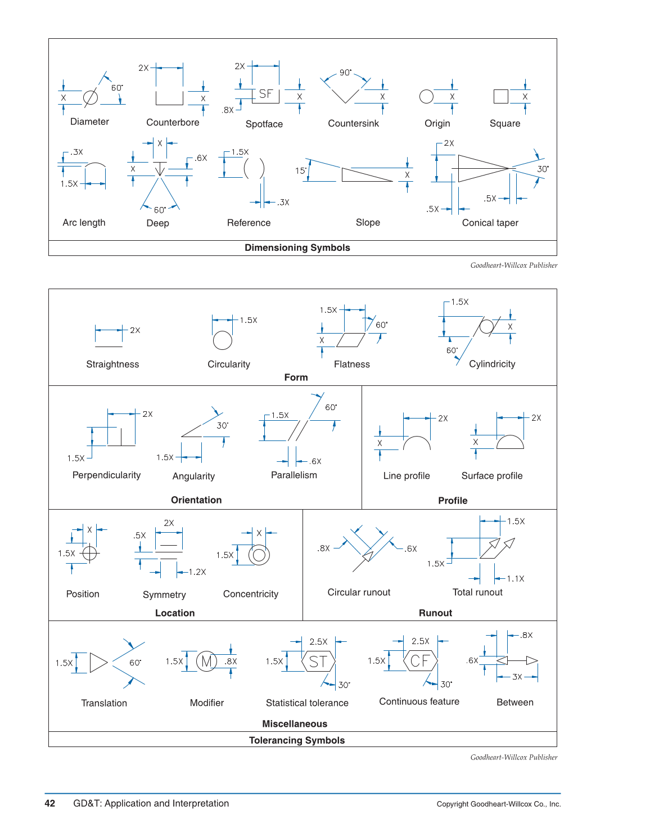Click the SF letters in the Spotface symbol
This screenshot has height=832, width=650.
(x=266, y=94)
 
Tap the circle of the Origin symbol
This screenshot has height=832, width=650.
(x=426, y=97)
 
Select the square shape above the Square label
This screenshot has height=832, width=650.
(x=500, y=97)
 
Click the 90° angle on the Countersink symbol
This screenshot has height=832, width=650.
(x=345, y=73)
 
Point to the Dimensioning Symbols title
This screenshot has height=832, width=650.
(x=297, y=248)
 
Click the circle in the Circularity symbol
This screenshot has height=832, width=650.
(x=223, y=340)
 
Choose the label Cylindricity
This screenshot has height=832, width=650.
(x=492, y=364)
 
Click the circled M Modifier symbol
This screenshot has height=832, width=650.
(x=206, y=662)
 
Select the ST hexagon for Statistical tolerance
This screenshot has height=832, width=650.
(x=318, y=662)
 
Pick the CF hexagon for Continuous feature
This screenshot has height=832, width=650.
(x=420, y=661)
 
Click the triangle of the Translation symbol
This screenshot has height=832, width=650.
(x=98, y=663)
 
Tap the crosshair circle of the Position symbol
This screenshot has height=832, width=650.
(x=90, y=553)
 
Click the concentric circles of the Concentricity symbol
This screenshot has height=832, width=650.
(x=259, y=555)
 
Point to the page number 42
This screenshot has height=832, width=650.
(x=50, y=803)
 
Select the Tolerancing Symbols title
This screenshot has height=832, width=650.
(x=297, y=740)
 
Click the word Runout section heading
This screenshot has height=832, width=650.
(x=435, y=613)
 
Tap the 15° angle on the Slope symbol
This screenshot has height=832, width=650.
(x=301, y=170)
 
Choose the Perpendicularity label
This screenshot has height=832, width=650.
(x=106, y=475)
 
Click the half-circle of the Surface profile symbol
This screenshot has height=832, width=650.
(x=510, y=443)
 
